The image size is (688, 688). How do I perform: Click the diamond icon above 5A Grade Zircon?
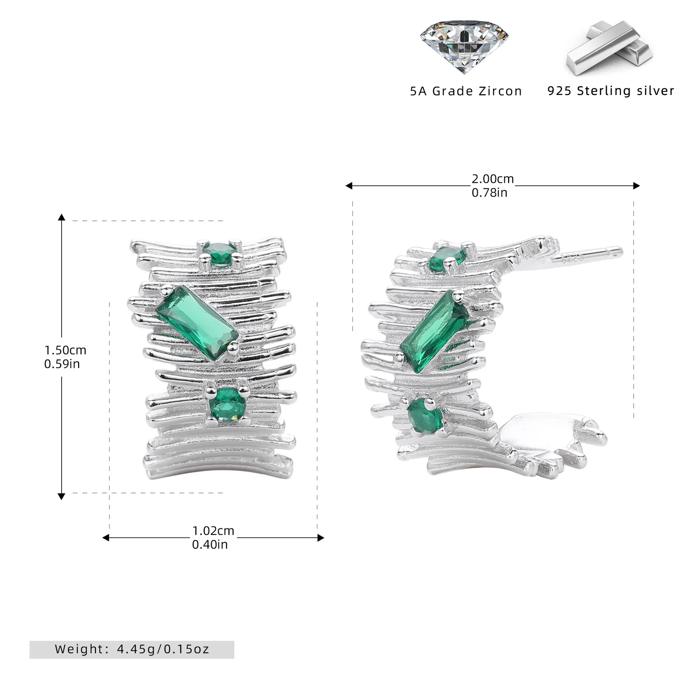tap(464, 46)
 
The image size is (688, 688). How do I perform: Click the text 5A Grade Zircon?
tap(466, 91)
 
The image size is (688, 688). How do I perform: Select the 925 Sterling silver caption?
tap(611, 91)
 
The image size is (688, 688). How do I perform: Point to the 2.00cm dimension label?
tap(492, 178)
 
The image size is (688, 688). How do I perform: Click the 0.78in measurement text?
tap(489, 193)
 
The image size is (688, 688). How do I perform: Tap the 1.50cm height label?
tap(65, 350)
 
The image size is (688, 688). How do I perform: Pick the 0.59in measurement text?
tap(62, 364)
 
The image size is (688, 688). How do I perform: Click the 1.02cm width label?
tap(213, 530)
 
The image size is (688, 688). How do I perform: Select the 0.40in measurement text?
tap(210, 544)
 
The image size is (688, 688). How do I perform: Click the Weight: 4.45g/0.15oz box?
tap(132, 649)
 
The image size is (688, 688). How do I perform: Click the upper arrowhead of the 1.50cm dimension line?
tap(62, 217)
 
